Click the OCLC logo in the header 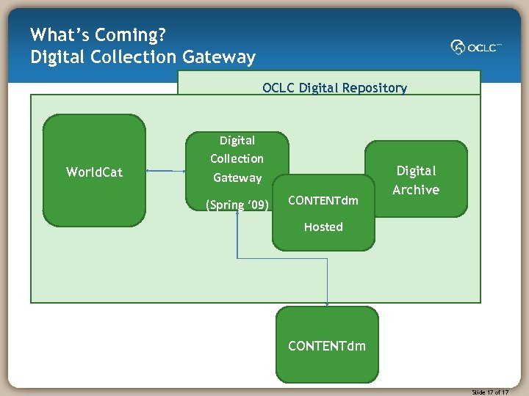[x=475, y=47]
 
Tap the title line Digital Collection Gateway [x=143, y=57]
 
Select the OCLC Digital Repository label [x=334, y=88]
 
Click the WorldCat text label [x=94, y=172]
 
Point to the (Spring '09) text [x=237, y=205]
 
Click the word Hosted [x=323, y=227]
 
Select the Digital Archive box [x=416, y=180]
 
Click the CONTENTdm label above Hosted [x=323, y=200]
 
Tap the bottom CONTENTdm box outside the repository [x=327, y=345]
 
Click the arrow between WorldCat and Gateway [x=165, y=171]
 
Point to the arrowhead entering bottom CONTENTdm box [x=327, y=304]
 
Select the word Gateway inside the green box [x=237, y=177]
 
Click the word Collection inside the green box [x=237, y=158]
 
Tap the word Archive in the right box [x=416, y=190]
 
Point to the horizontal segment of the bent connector [x=282, y=258]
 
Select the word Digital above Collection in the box [x=237, y=140]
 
